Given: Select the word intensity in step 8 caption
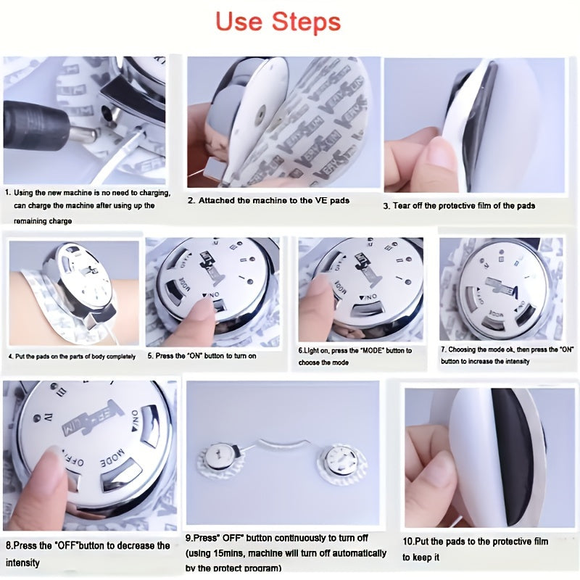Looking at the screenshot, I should pos(22,563).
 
